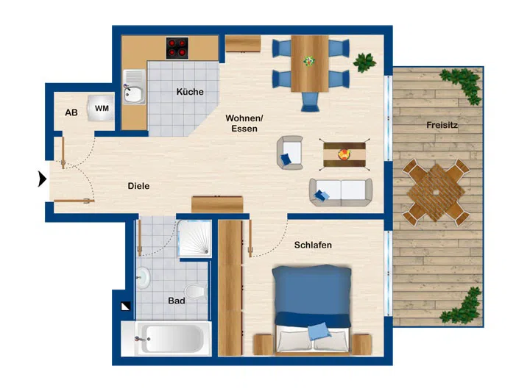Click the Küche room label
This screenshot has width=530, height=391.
[190, 92]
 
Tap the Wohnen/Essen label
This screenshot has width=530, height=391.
[244, 123]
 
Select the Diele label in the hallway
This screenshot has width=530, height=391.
[138, 186]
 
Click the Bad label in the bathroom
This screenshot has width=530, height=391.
[176, 300]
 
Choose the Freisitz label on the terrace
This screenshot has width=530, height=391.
[442, 126]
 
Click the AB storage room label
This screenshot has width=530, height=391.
[71, 112]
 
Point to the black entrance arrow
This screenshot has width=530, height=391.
[43, 179]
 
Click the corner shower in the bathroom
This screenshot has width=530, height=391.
[196, 239]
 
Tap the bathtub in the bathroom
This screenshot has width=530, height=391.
[169, 339]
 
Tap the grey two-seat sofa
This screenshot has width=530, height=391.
[342, 191]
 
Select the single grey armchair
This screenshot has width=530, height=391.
[290, 153]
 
